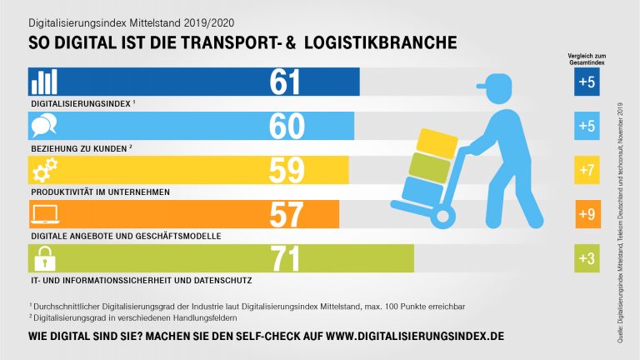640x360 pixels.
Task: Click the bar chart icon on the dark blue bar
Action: point(44,82)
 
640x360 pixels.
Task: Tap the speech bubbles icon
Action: point(44,126)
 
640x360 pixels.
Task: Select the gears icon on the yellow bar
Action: point(44,170)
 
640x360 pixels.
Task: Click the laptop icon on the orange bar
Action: point(44,214)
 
